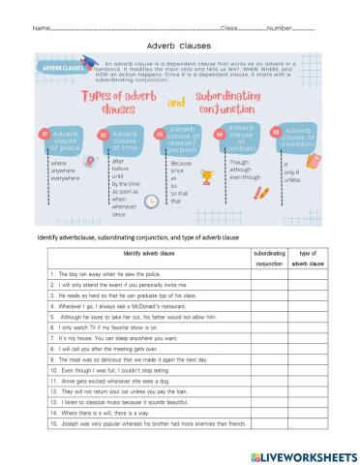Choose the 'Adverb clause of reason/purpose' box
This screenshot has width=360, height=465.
[183, 138]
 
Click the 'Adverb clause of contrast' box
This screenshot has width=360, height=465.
[242, 137]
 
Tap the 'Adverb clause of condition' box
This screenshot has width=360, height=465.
[298, 138]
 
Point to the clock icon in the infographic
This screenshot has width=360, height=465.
[151, 201]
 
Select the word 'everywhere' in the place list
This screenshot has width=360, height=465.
[67, 179]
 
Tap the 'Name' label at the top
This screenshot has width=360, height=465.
[41, 27]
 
